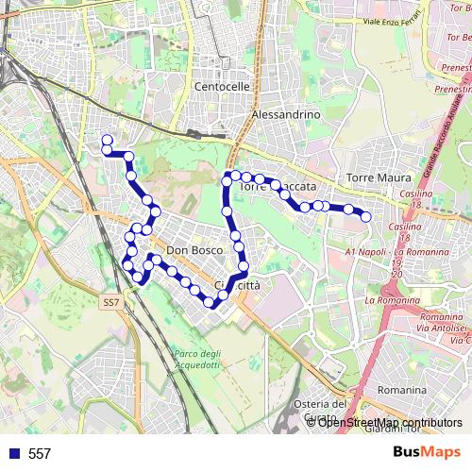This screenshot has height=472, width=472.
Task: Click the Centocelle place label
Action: tap(222, 86)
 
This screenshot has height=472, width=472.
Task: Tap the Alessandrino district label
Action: tap(287, 114)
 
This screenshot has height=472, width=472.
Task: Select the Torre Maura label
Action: tap(379, 177)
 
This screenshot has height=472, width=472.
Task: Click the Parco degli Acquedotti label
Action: tap(196, 360)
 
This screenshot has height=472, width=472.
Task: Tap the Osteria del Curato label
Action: tap(322, 411)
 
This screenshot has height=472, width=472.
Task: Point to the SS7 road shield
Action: tap(111, 302)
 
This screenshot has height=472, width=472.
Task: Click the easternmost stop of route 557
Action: tap(366, 217)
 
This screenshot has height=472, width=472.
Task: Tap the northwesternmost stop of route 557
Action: tap(108, 141)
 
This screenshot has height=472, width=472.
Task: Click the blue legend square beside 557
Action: tap(13, 454)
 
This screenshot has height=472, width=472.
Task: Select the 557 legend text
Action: tap(40, 454)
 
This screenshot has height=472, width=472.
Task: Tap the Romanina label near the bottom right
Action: tap(401, 389)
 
